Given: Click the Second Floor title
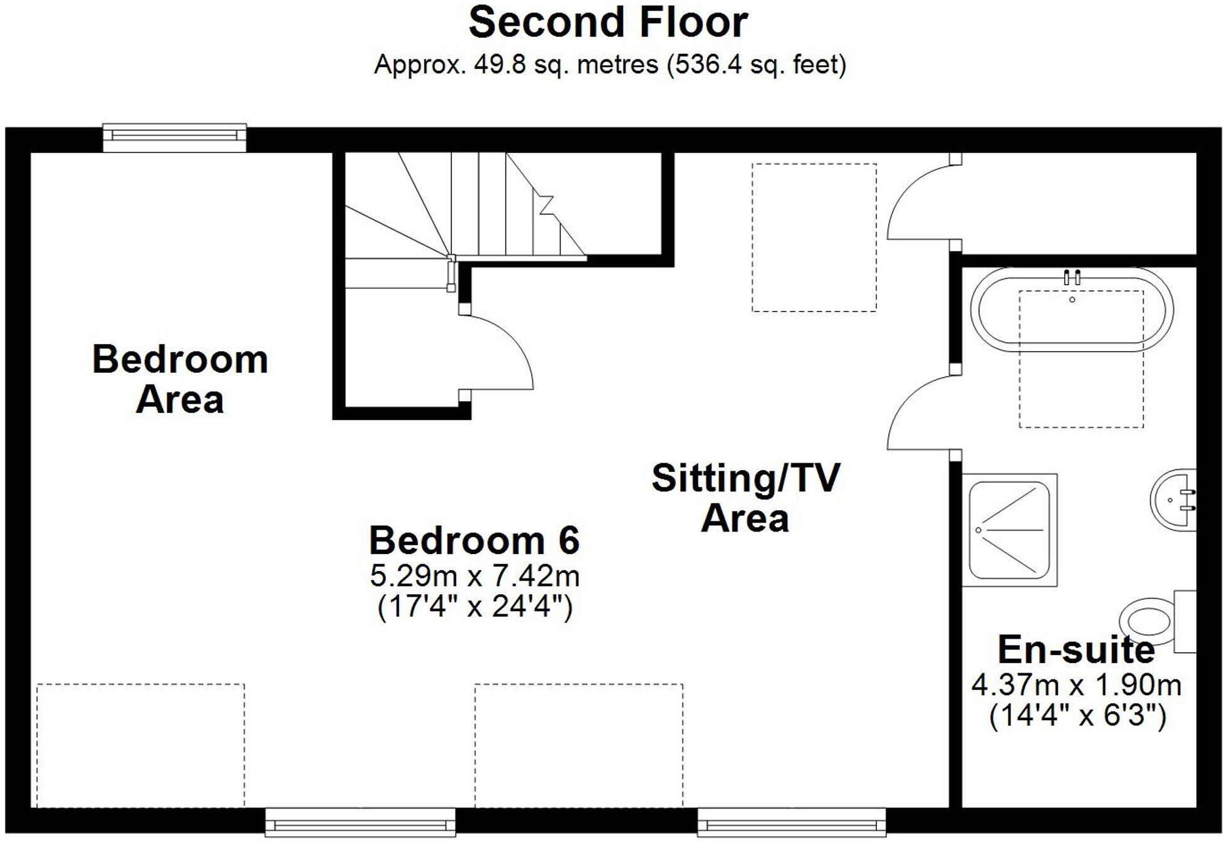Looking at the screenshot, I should [608, 23].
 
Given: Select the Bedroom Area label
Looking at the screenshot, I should [180, 379].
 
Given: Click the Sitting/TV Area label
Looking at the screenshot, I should [745, 498].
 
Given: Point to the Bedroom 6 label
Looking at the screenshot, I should [474, 540].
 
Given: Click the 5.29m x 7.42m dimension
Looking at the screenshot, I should [474, 576].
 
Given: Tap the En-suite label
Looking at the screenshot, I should [1076, 650].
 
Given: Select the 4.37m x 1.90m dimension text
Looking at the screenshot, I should [1076, 685].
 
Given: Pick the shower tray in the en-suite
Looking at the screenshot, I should [1009, 530].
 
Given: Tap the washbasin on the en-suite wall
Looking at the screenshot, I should [1175, 500].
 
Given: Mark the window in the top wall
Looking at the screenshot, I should [174, 137].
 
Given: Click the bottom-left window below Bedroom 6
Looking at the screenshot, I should [360, 822].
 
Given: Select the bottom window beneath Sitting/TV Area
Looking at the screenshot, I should [791, 822].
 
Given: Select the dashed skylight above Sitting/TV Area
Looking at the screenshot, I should [814, 238].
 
